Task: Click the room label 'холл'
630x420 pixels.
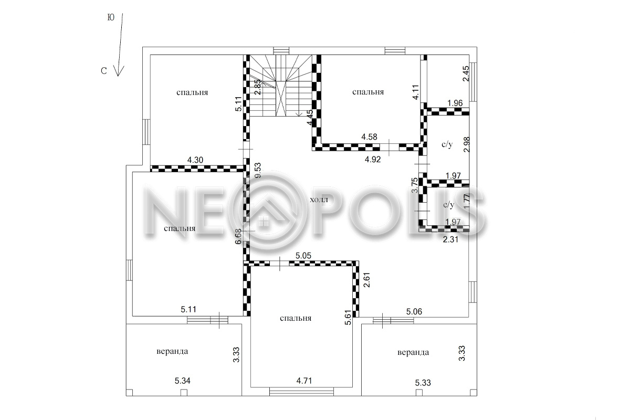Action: [x=319, y=200]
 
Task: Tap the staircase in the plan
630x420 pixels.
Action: [x=281, y=86]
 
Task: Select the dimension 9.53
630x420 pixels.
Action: [x=258, y=171]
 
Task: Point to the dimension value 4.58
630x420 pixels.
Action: [x=369, y=137]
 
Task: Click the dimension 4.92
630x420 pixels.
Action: [x=373, y=160]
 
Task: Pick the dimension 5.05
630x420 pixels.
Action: [x=303, y=256]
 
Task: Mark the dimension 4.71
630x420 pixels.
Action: [x=304, y=381]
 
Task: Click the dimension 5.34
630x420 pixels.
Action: [x=183, y=381]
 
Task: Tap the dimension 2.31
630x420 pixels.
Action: [x=450, y=239]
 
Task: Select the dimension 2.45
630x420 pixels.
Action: [x=466, y=73]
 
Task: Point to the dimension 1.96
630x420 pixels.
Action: [x=455, y=103]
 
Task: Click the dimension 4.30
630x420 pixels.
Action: [x=195, y=160]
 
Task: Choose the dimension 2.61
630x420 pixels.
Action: [x=367, y=280]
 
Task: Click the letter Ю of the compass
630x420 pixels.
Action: [x=111, y=17]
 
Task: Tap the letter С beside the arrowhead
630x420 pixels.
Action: [x=104, y=71]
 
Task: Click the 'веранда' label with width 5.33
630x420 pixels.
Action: [x=413, y=352]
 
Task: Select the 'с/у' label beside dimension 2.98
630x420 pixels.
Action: [x=447, y=144]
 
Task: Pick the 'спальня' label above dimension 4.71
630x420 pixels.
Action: [x=296, y=318]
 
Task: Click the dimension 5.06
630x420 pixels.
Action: [x=414, y=311]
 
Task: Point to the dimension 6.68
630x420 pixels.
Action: [x=238, y=236]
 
